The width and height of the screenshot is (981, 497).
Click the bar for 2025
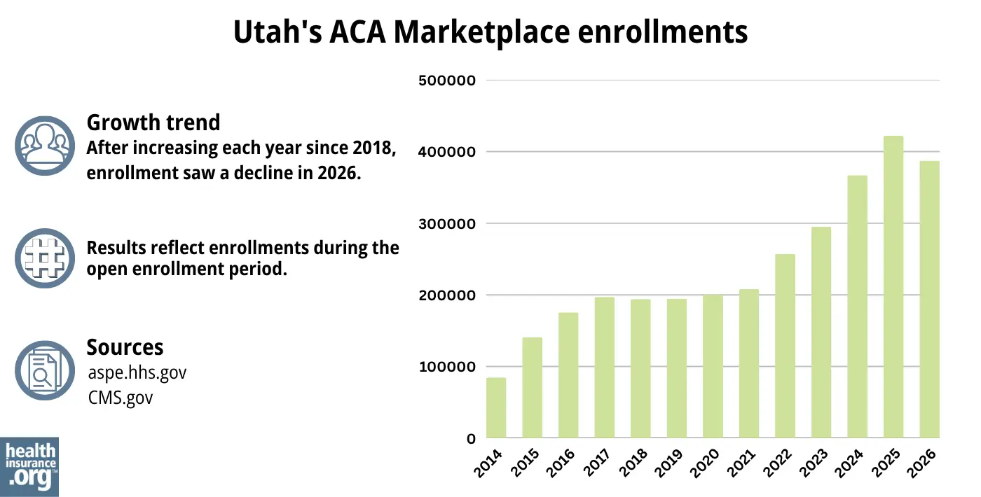tap(893, 287)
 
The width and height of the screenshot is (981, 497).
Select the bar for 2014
tap(496, 408)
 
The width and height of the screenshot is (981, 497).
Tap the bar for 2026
tap(929, 300)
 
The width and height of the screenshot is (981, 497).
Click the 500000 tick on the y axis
tap(446, 80)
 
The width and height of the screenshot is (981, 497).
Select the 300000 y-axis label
tap(446, 224)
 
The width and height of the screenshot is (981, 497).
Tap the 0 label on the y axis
tap(472, 439)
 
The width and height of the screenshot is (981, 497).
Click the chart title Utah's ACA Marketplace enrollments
tap(490, 32)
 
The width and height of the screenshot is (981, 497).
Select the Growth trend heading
tap(153, 122)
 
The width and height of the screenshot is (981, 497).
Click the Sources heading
tap(125, 347)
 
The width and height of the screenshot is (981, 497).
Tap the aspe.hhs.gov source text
tap(137, 372)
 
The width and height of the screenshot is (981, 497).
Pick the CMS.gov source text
tap(120, 398)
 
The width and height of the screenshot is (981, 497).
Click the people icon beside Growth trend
tap(45, 146)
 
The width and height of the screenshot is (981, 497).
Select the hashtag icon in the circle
tap(45, 258)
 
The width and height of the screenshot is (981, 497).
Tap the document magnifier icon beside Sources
tap(45, 370)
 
